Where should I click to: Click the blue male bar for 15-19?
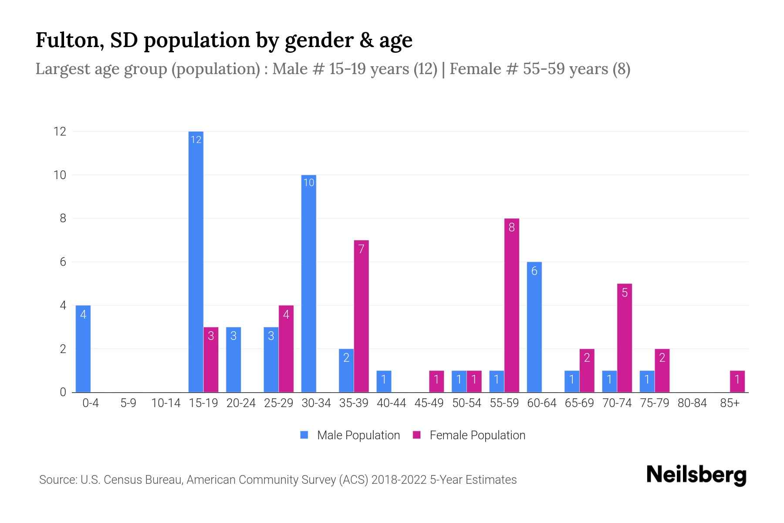(x=196, y=261)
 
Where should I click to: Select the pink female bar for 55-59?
(x=511, y=305)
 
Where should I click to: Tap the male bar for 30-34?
(x=308, y=283)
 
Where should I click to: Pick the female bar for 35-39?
(x=361, y=316)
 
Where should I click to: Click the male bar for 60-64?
(x=534, y=327)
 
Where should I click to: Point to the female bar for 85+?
(x=737, y=381)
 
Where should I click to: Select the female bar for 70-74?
(x=624, y=338)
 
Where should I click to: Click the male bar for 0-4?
(x=83, y=349)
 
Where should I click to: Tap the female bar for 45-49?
(x=436, y=381)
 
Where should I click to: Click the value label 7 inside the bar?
(x=361, y=249)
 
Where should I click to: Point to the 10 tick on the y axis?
(x=60, y=175)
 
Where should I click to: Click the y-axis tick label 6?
(x=63, y=262)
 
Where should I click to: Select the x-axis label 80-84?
(x=692, y=403)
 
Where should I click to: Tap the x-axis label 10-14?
(x=166, y=403)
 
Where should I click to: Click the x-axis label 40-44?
(x=391, y=403)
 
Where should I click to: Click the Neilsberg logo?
(x=696, y=475)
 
